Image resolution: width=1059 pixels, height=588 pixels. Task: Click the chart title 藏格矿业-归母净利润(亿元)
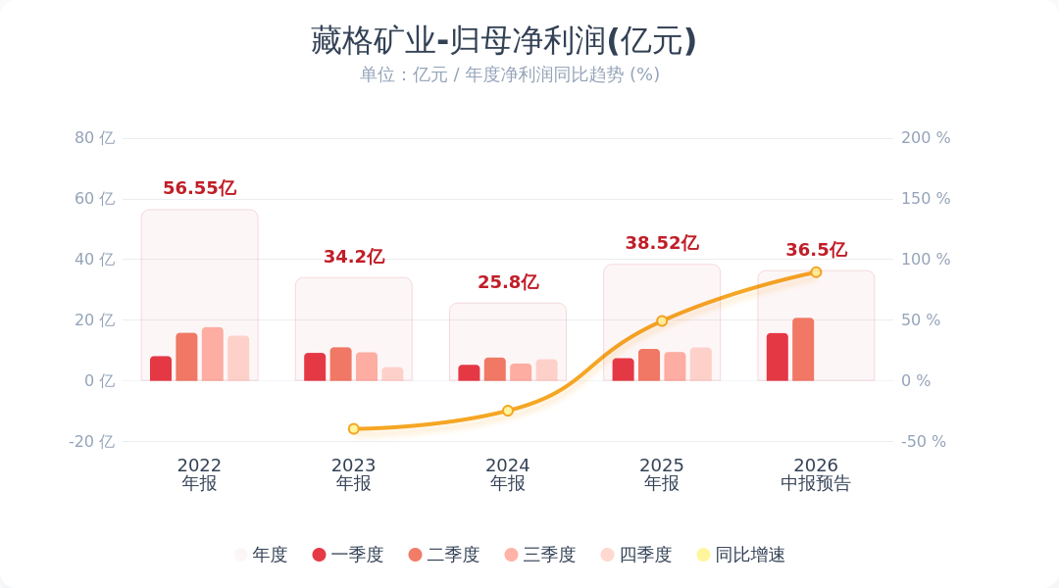(x=503, y=40)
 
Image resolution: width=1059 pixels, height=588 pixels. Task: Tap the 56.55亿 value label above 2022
(x=199, y=188)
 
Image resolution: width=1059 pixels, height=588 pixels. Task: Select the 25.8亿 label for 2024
(x=508, y=281)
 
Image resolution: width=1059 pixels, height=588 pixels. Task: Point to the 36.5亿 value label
(x=816, y=249)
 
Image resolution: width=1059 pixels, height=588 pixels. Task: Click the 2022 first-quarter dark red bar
(x=161, y=368)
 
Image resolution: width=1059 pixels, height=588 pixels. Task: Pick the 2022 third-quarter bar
(x=212, y=354)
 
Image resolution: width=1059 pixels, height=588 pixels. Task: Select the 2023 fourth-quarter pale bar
(x=392, y=374)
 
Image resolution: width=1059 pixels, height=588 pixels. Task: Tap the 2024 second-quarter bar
(x=495, y=369)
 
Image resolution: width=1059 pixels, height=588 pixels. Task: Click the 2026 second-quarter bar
(x=803, y=349)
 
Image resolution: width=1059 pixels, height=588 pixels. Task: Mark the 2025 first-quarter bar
(x=624, y=369)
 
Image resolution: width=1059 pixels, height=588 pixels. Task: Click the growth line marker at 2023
(x=354, y=428)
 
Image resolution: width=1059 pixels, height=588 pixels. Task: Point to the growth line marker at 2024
(x=508, y=411)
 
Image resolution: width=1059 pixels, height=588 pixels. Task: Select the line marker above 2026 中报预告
(x=816, y=272)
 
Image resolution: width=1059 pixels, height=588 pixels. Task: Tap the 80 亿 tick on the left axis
(x=94, y=138)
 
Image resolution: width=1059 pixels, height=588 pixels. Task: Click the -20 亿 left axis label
(x=92, y=442)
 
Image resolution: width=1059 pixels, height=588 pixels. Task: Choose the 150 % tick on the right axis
(x=926, y=199)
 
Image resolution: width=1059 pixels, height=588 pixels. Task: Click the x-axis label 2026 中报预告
(x=816, y=474)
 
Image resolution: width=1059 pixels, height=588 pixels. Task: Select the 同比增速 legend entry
(x=741, y=555)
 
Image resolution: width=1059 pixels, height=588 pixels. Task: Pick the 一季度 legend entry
(x=348, y=555)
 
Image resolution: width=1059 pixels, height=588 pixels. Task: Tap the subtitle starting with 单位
(x=509, y=74)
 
